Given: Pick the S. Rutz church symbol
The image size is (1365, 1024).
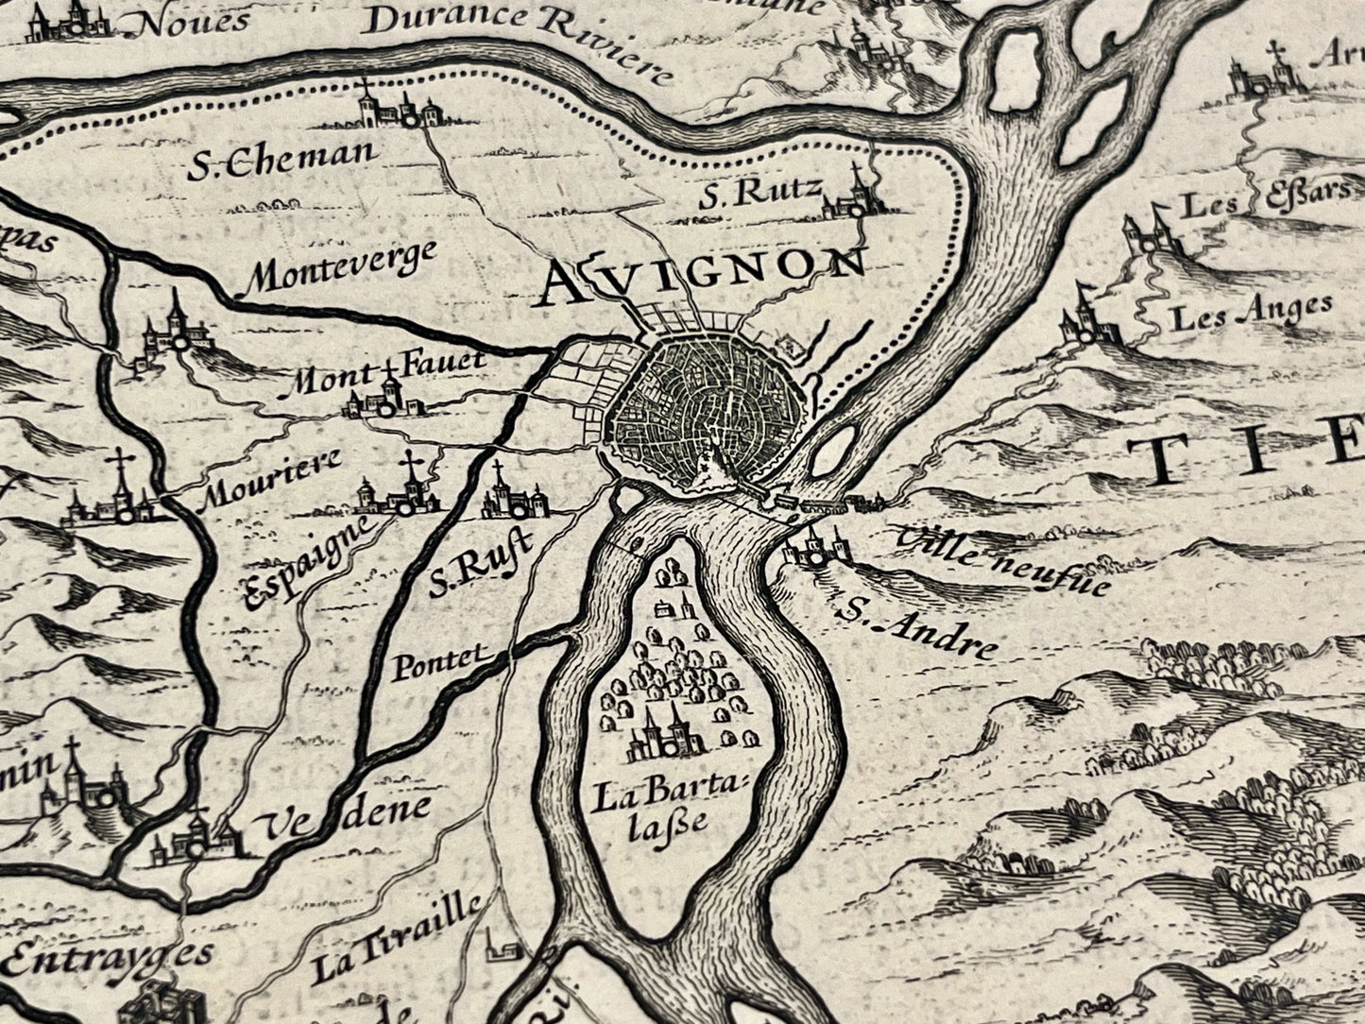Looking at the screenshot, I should pyautogui.click(x=856, y=198).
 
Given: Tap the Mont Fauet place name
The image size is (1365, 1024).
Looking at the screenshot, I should pyautogui.click(x=386, y=373).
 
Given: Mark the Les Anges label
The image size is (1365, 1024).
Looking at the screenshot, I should pyautogui.click(x=1251, y=313).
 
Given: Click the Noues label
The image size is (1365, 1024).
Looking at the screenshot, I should pyautogui.click(x=193, y=21).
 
